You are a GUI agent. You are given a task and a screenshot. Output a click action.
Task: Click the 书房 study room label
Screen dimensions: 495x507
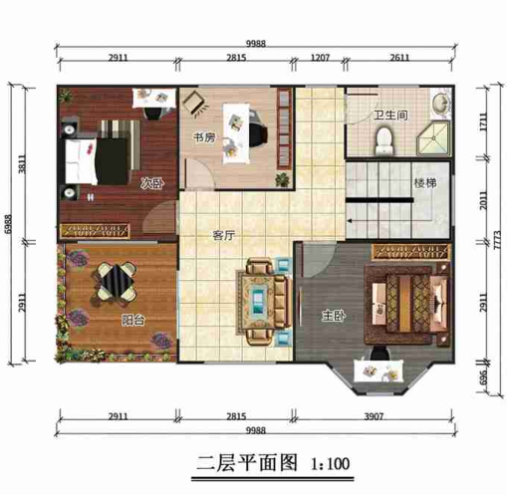(203, 138)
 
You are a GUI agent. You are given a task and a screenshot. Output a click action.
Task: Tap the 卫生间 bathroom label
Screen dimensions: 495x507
(390, 116)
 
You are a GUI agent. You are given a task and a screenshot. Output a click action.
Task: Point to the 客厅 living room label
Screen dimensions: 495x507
(223, 236)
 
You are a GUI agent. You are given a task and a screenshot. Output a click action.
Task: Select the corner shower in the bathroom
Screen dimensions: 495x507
(436, 133)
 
